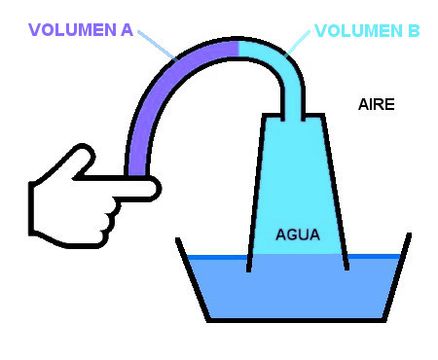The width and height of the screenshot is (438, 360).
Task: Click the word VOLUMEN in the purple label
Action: (72, 30)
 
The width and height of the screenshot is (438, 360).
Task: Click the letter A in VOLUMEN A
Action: (127, 30)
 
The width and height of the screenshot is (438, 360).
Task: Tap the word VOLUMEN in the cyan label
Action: (359, 31)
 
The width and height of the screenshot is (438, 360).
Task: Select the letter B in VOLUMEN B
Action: (413, 31)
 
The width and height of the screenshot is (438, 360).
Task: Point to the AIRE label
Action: (377, 104)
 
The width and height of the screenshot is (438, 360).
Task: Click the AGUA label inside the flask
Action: (298, 234)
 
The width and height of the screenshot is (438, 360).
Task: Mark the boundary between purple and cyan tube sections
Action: (238, 49)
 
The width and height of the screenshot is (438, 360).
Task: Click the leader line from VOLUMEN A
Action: (158, 46)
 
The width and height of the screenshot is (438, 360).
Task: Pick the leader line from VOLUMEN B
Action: (298, 44)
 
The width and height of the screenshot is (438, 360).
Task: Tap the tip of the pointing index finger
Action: (159, 189)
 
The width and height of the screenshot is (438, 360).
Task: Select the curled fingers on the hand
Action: (110, 221)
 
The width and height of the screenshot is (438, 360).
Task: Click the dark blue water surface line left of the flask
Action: (217, 257)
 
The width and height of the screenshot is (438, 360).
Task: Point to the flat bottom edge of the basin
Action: (297, 320)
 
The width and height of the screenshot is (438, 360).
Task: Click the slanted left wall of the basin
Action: (192, 279)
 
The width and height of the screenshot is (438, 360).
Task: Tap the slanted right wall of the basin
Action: (398, 277)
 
